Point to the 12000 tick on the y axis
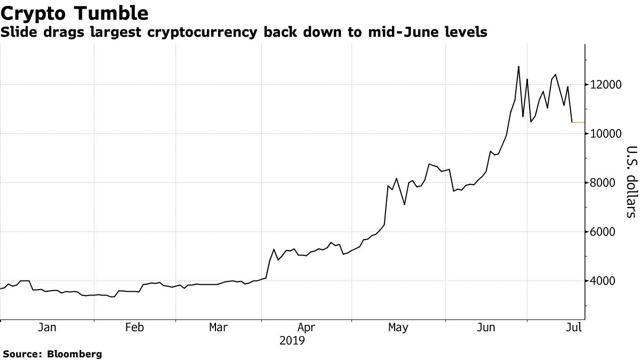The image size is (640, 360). click(x=605, y=85)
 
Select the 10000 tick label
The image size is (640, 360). click(x=605, y=134)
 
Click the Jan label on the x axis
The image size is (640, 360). click(x=47, y=327)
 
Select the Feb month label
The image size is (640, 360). click(x=134, y=327)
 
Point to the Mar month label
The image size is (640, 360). click(x=219, y=327)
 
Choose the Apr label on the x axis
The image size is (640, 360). click(x=306, y=327)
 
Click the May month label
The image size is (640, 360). click(x=398, y=327)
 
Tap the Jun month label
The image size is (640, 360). click(x=486, y=327)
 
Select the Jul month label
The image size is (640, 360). click(x=573, y=327)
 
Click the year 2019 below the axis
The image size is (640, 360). click(x=292, y=340)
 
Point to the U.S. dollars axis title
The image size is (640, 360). click(x=631, y=181)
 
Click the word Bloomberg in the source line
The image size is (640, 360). click(x=75, y=354)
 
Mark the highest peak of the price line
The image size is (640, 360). click(x=518, y=67)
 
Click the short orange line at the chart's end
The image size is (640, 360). click(x=578, y=122)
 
